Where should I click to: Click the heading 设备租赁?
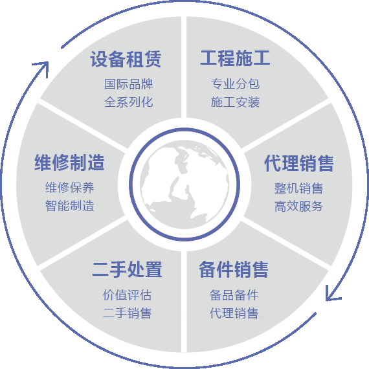126,59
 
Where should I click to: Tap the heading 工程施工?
235,58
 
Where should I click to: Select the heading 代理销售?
299,163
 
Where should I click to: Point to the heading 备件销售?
234,269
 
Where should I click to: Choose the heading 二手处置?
127,269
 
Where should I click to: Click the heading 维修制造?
69,162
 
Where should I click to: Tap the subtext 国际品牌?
128,84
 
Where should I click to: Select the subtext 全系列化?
128,102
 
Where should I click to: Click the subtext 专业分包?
236,84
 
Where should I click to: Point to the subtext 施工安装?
236,102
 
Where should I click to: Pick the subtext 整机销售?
298,188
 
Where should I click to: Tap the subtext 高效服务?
298,207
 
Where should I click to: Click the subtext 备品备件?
234,295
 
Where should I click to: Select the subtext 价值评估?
127,295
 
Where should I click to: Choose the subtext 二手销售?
127,313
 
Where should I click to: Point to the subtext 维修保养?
70,188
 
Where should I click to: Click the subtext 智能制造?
70,206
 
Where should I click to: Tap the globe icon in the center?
184,184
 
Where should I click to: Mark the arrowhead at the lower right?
331,294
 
